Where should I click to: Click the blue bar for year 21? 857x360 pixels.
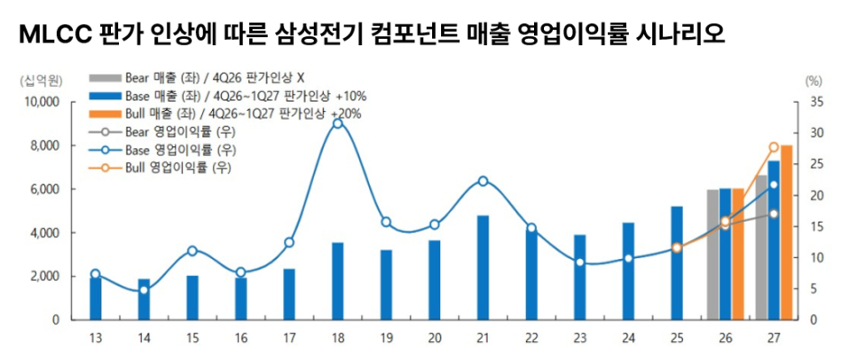[x=483, y=267]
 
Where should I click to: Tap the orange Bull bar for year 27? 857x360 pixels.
[x=787, y=231]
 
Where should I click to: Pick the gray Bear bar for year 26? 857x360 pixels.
[x=712, y=254]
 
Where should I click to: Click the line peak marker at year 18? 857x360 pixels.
[x=337, y=123]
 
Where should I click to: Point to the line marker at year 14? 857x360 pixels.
[x=144, y=290]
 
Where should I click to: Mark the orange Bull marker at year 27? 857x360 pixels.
[x=774, y=147]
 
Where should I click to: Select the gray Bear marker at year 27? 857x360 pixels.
[x=774, y=214]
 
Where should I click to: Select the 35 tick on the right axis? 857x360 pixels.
[x=817, y=102]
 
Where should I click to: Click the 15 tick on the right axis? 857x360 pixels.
[x=817, y=227]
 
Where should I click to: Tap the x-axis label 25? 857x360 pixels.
[x=677, y=337]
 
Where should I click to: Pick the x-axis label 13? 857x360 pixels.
[x=95, y=337]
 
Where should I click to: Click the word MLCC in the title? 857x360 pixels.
[x=44, y=35]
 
